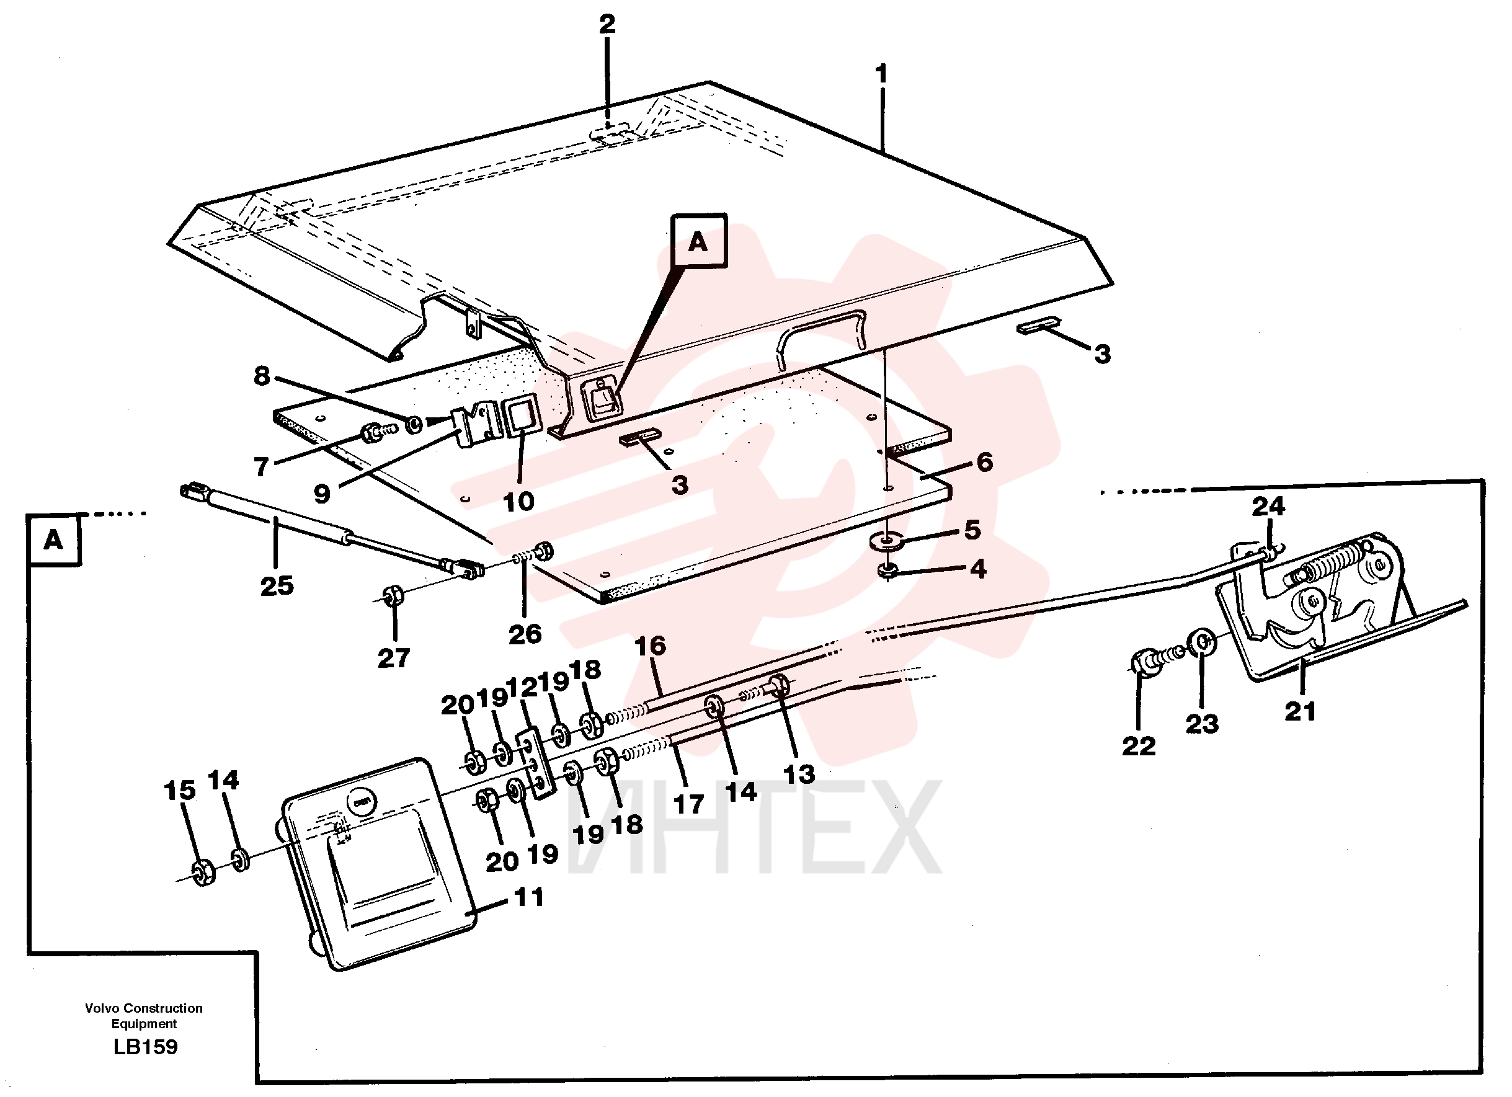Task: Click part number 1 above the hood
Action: (x=881, y=73)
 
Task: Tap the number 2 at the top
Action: (x=607, y=25)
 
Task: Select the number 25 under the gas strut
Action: (x=277, y=586)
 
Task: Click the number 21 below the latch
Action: (x=1300, y=711)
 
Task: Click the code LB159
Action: (x=145, y=1046)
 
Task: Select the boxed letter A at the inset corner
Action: (x=53, y=540)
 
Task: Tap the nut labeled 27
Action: (x=393, y=595)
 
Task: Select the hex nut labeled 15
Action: (x=203, y=873)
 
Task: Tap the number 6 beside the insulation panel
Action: (x=985, y=462)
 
